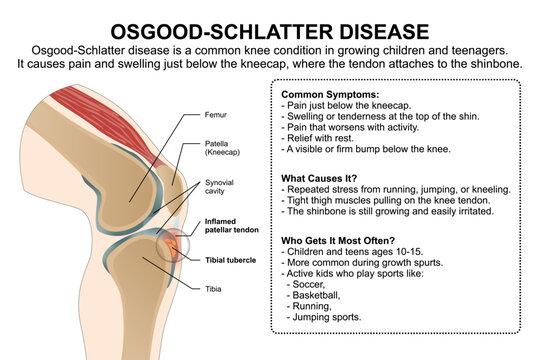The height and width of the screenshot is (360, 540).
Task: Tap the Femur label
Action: coord(216,114)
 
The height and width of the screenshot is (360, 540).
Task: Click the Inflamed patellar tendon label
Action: coord(232,227)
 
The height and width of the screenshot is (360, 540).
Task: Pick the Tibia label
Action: coord(214,289)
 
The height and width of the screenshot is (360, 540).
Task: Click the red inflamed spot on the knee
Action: coord(171,245)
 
